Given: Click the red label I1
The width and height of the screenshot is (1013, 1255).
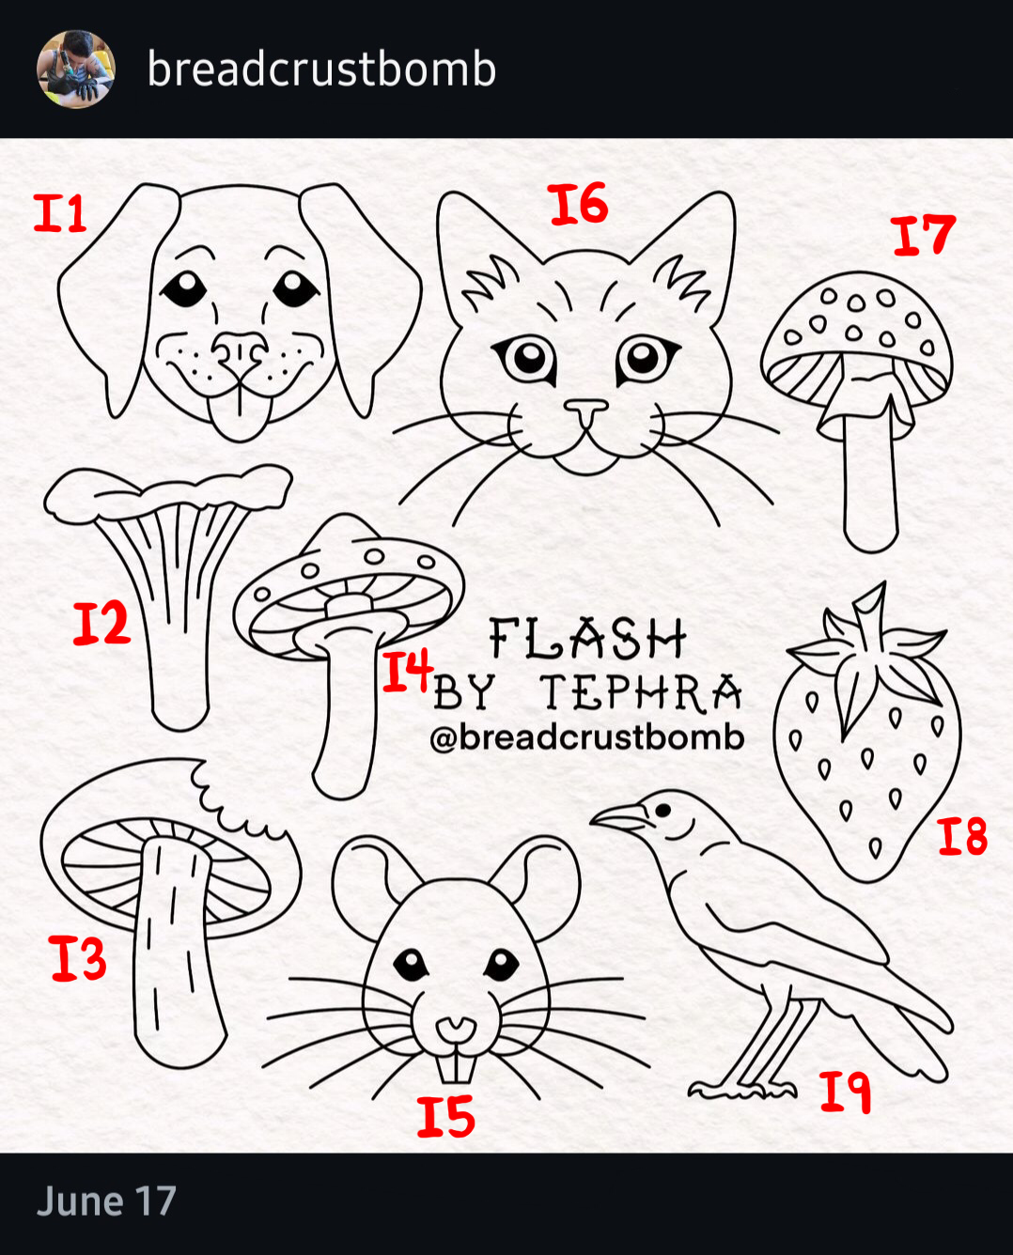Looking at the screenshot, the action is coord(60,213).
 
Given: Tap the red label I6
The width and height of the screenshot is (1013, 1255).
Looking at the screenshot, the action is coord(580,204).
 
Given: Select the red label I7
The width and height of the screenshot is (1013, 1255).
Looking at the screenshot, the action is coord(925,235).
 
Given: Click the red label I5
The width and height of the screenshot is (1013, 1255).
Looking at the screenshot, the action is coord(445,1116).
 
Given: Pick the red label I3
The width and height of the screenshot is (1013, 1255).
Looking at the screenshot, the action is coord(78,957).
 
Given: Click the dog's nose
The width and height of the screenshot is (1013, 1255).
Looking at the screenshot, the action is coord(239,351).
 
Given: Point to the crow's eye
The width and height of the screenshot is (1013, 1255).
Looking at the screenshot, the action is coord(662,810).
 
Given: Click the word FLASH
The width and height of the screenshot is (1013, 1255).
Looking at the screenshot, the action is coord(587,639).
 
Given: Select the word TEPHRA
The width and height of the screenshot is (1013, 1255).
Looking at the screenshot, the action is coord(641,693).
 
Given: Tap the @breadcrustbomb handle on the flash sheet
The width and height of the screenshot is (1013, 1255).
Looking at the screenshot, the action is coord(587,737).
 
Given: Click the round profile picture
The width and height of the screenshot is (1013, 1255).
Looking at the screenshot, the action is coord(76,70).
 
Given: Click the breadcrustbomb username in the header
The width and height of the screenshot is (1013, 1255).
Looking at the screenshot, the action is coord(321,69).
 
